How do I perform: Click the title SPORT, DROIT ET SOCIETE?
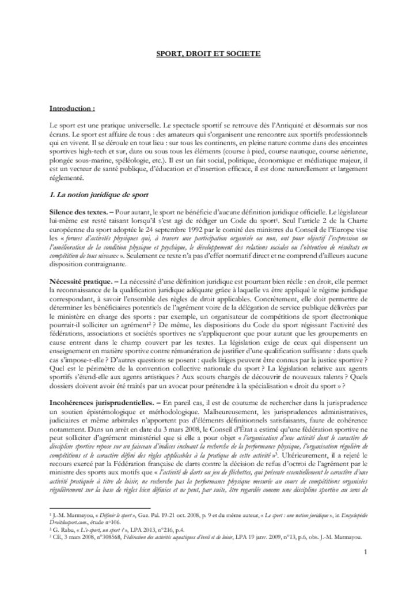[208, 54]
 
